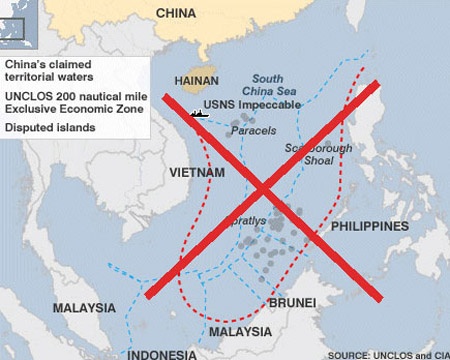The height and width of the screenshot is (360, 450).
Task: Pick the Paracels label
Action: click(x=253, y=131)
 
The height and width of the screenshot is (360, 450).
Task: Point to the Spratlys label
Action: click(x=249, y=219)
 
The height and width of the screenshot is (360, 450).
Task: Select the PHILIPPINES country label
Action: click(x=369, y=227)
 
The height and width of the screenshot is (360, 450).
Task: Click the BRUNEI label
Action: click(x=292, y=302)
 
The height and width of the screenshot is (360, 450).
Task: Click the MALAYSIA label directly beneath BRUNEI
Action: click(x=240, y=331)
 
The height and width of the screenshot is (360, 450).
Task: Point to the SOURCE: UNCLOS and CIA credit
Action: click(x=387, y=354)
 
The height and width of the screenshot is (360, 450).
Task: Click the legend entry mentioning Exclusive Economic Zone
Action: click(x=75, y=102)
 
